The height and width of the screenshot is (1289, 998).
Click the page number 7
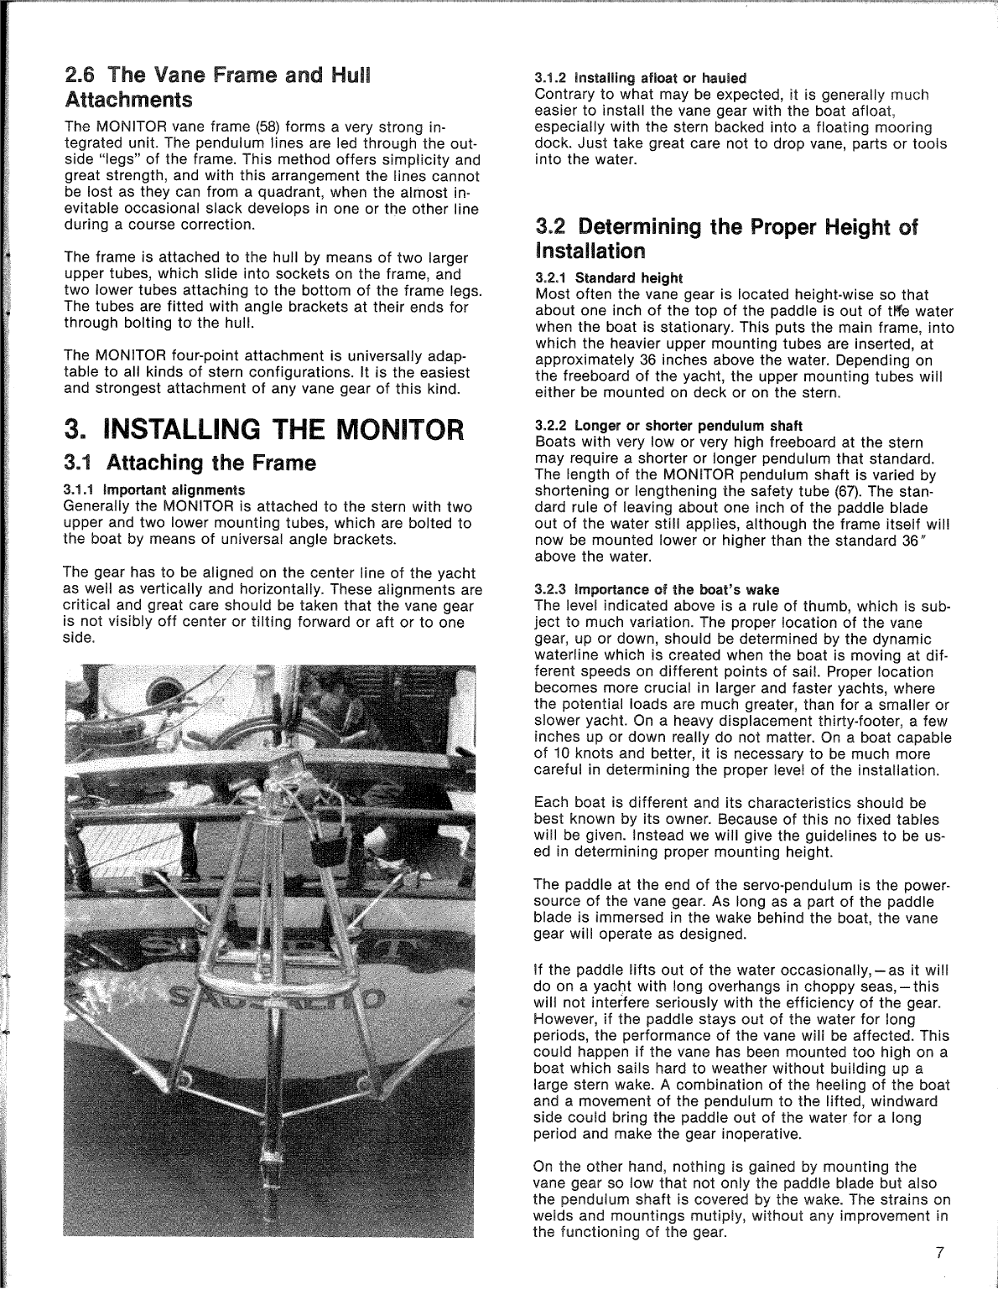click(940, 1254)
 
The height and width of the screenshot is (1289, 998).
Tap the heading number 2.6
click(83, 75)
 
